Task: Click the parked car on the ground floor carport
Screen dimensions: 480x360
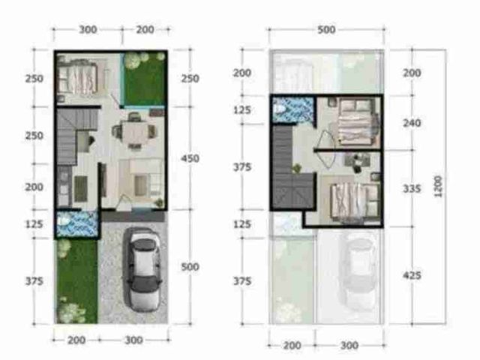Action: pos(142,270)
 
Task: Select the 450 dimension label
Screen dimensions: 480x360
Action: pos(190,158)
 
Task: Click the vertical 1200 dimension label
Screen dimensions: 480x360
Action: pos(438,186)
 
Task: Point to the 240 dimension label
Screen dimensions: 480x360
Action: pos(412,123)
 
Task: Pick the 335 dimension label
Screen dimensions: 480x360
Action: pos(412,189)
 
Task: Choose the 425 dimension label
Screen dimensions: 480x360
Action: pos(412,275)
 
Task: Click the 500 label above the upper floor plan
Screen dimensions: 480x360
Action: pos(326,30)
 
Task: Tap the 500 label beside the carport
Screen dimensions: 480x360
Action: pos(190,267)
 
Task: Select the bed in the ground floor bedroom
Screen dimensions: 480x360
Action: pos(79,76)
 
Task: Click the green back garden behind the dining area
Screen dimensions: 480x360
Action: pos(145,79)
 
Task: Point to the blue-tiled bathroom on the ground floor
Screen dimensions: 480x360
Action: pos(77,224)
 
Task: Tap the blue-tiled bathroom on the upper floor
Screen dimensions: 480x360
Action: pos(293,110)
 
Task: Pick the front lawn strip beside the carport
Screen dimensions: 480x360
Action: pos(76,281)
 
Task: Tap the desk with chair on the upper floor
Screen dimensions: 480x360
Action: pos(358,162)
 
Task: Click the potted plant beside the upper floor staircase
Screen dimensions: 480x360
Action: pos(296,168)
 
